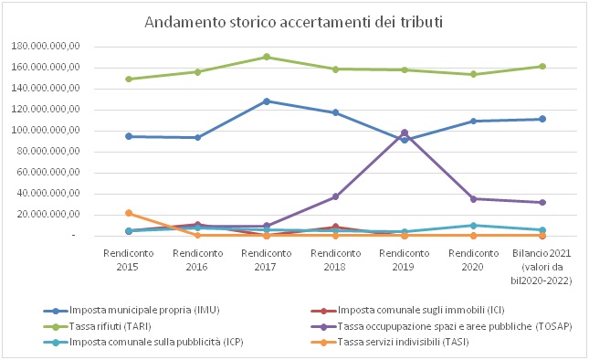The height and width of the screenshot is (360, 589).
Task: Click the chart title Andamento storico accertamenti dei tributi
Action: coord(293,21)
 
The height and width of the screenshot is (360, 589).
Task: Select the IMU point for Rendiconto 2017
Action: coord(267,101)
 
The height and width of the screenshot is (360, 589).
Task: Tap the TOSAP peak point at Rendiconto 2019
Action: coord(405,132)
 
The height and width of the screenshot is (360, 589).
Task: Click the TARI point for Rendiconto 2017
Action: coord(267,57)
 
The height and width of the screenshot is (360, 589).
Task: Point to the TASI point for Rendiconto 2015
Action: coord(129,213)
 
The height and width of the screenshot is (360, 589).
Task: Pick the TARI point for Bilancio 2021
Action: coord(542,66)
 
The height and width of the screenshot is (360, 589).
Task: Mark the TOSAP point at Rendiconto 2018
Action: coord(335,196)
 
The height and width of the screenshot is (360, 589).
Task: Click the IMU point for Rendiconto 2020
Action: coord(473,121)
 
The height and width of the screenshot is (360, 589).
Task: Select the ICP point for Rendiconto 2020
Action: coord(473,225)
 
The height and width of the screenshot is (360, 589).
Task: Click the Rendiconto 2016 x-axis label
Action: coord(197,260)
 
